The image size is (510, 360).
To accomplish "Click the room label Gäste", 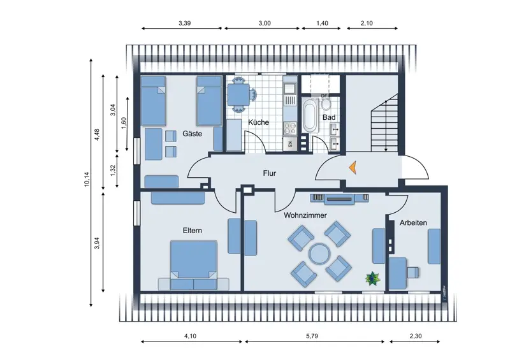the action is click(x=192, y=134).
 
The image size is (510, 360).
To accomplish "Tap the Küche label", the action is click(x=258, y=122).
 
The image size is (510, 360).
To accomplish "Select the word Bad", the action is click(x=329, y=118).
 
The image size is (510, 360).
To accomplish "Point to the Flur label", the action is click(x=273, y=173).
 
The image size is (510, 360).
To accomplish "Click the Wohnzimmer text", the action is click(x=305, y=215).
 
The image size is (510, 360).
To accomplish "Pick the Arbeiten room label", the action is click(x=413, y=222).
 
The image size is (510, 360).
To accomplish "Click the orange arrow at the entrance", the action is click(x=351, y=168).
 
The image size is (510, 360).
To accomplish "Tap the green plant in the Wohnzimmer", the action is click(x=372, y=277).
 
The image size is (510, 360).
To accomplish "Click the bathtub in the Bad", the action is click(x=309, y=116).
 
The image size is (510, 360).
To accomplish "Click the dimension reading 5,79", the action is click(x=312, y=336).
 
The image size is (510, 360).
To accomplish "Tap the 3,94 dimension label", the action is click(x=97, y=243).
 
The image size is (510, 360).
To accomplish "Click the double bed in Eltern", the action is click(x=193, y=264).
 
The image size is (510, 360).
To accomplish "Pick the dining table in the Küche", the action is click(x=239, y=94).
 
